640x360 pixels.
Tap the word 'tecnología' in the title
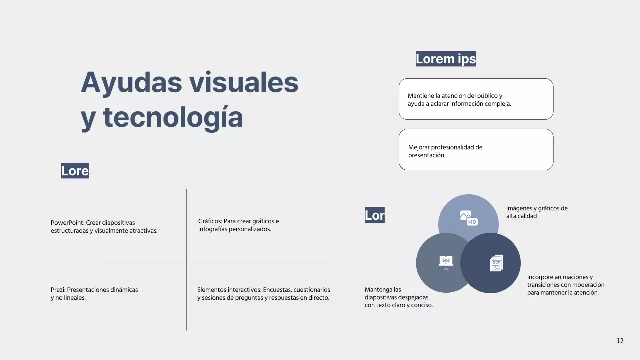pyautogui.click(x=173, y=117)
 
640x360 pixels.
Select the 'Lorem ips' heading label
pyautogui.click(x=446, y=59)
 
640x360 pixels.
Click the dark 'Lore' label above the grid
pyautogui.click(x=75, y=171)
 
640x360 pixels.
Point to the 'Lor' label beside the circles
pyautogui.click(x=375, y=215)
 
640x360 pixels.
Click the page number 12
pyautogui.click(x=620, y=341)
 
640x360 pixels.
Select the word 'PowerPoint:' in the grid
pyautogui.click(x=67, y=223)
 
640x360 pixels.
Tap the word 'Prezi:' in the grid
pyautogui.click(x=58, y=290)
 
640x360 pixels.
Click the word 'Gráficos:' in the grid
pyautogui.click(x=210, y=221)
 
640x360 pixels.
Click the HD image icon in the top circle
pyautogui.click(x=469, y=218)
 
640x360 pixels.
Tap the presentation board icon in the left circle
pyautogui.click(x=446, y=262)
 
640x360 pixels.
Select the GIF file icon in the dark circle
pyautogui.click(x=496, y=263)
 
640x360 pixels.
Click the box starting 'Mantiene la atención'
pyautogui.click(x=476, y=99)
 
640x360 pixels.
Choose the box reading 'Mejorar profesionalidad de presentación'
pyautogui.click(x=476, y=150)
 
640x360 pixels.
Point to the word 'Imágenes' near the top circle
pyautogui.click(x=520, y=208)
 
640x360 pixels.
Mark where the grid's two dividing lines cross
pyautogui.click(x=187, y=259)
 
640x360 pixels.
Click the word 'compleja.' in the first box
pyautogui.click(x=498, y=104)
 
